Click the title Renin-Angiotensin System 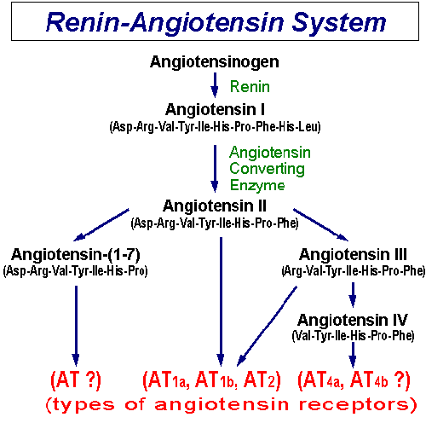coord(214,22)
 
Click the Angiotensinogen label coord(214,61)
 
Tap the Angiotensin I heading coord(214,110)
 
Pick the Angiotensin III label coord(353,254)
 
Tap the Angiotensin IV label coord(353,319)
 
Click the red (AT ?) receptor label coord(76,380)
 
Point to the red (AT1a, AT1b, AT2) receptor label coord(212,380)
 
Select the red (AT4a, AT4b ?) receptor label coord(353,380)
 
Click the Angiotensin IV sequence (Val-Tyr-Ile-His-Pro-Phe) coord(353,335)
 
